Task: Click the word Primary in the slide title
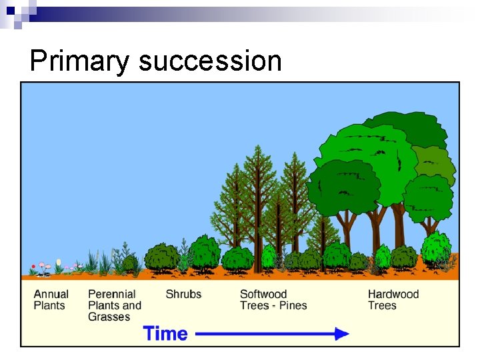[80, 61]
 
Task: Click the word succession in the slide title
[210, 61]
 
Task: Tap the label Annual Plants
[51, 300]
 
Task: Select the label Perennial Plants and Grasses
[114, 305]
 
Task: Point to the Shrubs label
[183, 294]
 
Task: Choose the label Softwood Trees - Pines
[273, 300]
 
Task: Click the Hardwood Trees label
[393, 300]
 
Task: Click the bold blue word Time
[165, 333]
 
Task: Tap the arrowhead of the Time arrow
[341, 333]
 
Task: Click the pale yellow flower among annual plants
[59, 263]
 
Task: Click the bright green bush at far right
[436, 248]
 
